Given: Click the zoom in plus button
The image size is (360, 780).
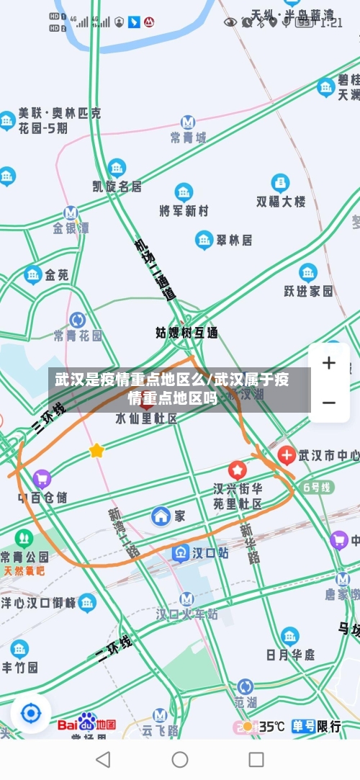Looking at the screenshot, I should pyautogui.click(x=328, y=363).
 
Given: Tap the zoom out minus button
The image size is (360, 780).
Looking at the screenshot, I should pyautogui.click(x=328, y=402).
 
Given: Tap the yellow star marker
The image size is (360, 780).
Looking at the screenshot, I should pyautogui.click(x=96, y=451).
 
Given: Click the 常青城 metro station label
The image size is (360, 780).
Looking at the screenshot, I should pyautogui.click(x=188, y=136).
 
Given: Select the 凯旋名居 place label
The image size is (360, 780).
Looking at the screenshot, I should pyautogui.click(x=117, y=186).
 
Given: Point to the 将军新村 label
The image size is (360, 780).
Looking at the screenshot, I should pyautogui.click(x=184, y=210).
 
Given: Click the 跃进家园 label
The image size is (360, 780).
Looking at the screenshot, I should pyautogui.click(x=308, y=290).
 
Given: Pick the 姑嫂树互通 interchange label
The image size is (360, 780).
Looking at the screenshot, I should pyautogui.click(x=186, y=333).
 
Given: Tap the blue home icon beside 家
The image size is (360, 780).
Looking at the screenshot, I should pyautogui.click(x=161, y=516).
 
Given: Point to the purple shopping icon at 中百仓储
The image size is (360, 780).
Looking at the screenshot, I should pyautogui.click(x=42, y=478).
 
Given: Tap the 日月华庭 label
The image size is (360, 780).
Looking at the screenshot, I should pyautogui.click(x=290, y=654).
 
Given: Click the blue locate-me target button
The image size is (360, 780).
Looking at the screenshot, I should pyautogui.click(x=31, y=714).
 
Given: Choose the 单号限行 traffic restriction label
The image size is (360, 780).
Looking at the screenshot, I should pyautogui.click(x=317, y=726).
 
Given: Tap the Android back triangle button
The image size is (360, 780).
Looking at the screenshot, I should pyautogui.click(x=104, y=759).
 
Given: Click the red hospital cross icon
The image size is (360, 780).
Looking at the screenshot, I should pyautogui.click(x=287, y=454).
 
